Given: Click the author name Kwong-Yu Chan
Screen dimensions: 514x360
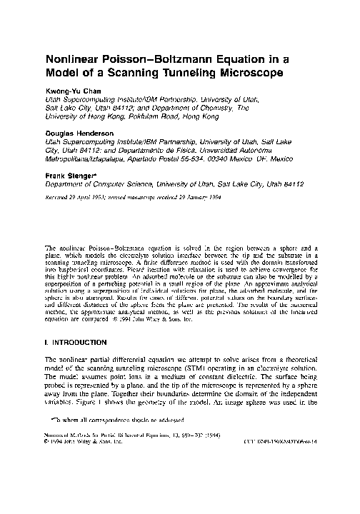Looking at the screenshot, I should (70, 92).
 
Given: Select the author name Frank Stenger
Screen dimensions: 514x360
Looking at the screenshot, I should (71, 174).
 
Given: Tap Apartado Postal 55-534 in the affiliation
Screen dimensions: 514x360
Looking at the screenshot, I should (161, 158).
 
